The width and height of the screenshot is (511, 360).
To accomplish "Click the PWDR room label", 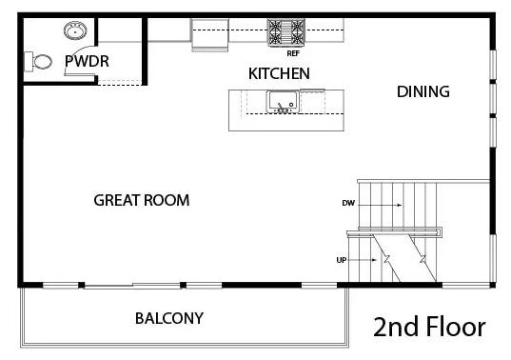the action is tap(87, 61).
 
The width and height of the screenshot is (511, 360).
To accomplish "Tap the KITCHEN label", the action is tap(279, 73).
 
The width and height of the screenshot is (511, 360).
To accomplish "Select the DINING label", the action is tap(423, 91).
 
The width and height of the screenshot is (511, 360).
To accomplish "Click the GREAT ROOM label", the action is tap(142, 200).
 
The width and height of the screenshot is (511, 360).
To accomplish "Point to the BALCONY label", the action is tap(169, 319).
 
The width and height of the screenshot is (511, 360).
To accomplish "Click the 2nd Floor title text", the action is tap(429, 327).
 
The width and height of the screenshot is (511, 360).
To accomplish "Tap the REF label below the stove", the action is tap(293, 53).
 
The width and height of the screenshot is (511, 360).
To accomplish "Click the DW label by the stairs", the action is tap(348, 203).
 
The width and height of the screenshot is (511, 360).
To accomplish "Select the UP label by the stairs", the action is tap(342, 260).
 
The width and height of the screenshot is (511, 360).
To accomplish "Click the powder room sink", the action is tap(75, 31).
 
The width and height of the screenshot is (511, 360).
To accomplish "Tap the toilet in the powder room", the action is tap(38, 61).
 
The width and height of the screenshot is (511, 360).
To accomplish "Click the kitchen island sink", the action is tap(283, 102).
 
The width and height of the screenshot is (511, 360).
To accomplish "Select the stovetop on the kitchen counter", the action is tap(286, 32).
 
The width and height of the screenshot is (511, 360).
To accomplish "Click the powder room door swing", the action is tap(79, 62).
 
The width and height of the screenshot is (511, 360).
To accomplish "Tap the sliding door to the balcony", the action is tap(132, 286).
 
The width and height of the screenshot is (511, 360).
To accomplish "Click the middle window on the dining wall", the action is tap(493, 99).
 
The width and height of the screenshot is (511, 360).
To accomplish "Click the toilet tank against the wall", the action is tap(29, 61).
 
